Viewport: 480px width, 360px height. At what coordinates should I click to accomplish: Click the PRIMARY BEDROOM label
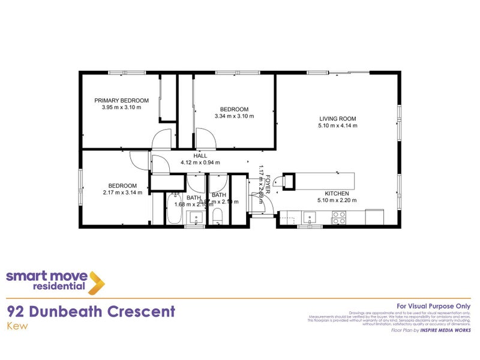[x=121, y=100]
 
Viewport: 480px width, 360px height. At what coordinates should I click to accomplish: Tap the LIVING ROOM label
[x=337, y=119]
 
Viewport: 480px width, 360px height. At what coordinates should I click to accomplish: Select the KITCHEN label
[x=337, y=193]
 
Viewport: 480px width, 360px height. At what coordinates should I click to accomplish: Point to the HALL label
[x=200, y=155]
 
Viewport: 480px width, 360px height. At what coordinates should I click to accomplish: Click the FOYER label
[x=268, y=182]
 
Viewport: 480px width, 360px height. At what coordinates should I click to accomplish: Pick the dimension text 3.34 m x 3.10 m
[x=235, y=116]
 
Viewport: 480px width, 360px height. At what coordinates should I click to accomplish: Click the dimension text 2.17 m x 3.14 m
[x=122, y=193]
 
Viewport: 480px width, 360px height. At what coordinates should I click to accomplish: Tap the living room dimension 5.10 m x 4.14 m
[x=337, y=126]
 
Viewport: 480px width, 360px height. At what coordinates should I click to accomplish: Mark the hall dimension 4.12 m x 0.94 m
[x=200, y=163]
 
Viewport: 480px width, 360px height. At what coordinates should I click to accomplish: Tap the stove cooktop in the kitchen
[x=338, y=219]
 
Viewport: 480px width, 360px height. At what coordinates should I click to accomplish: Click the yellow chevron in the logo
[x=96, y=282]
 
